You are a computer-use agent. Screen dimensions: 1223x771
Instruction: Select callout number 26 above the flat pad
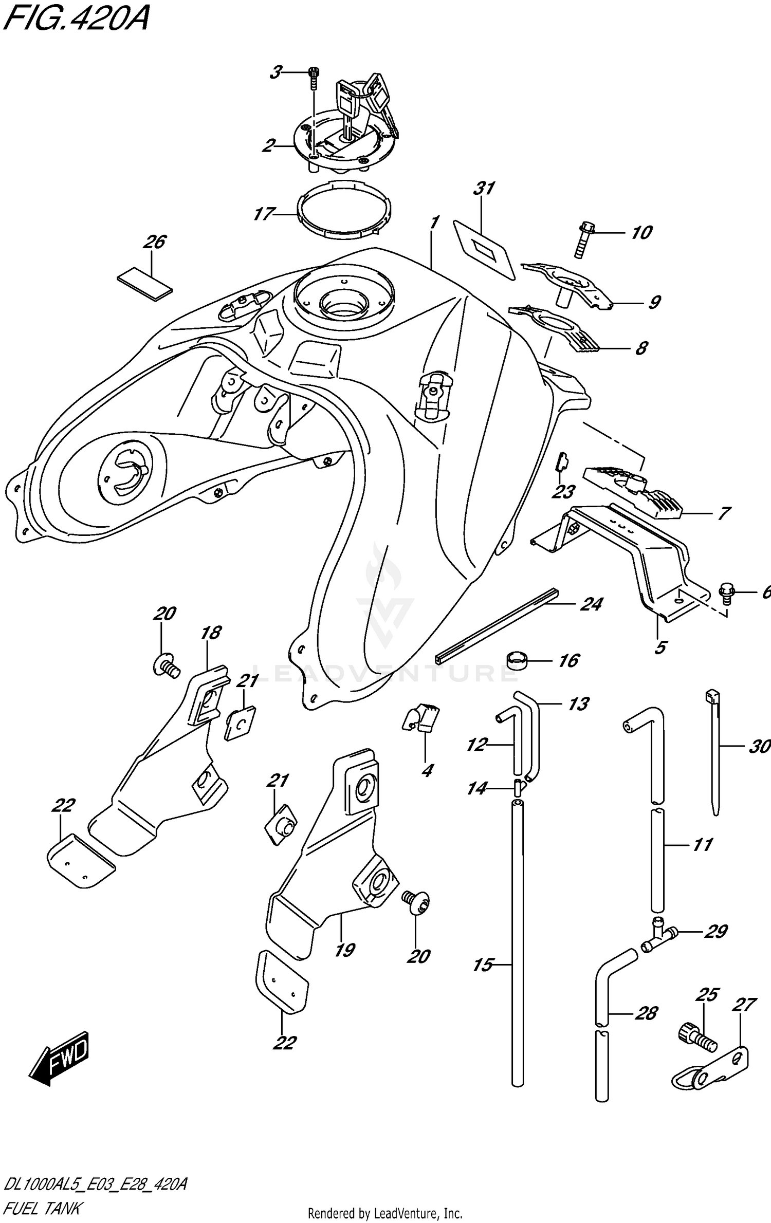click(155, 242)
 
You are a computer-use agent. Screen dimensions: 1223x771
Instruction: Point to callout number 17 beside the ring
click(264, 213)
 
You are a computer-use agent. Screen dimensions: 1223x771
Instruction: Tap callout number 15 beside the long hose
click(483, 965)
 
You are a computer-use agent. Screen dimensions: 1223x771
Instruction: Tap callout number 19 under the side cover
click(345, 950)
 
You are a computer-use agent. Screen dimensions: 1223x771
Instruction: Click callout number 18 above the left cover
click(211, 633)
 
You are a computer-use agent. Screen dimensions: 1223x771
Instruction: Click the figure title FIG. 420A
click(75, 21)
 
